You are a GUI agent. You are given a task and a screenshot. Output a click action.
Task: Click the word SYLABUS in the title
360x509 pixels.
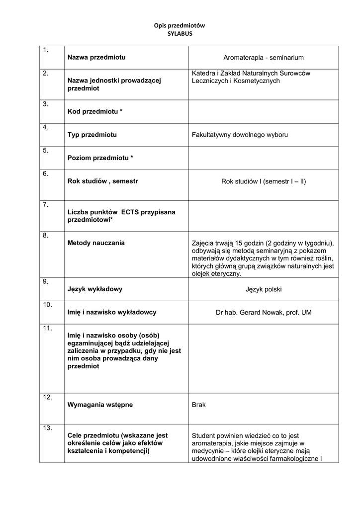click(180, 33)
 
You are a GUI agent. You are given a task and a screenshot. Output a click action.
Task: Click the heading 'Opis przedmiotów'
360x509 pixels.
click(180, 25)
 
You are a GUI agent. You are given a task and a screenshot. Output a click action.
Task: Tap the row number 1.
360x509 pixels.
click(45, 50)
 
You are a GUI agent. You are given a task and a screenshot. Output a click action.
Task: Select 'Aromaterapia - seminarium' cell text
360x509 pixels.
click(264, 58)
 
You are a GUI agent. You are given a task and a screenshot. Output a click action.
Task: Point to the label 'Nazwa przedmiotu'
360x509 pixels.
click(96, 57)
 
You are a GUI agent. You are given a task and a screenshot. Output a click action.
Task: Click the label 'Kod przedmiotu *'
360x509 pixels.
click(95, 111)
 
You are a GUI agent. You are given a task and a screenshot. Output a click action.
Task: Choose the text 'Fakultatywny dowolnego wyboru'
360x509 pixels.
click(240, 135)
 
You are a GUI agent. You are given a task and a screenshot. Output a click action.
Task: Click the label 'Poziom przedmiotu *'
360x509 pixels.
click(100, 158)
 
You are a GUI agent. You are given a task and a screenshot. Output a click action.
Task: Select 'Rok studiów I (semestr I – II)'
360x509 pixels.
click(264, 181)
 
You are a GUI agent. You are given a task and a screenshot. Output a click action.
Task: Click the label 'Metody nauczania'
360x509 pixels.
click(96, 243)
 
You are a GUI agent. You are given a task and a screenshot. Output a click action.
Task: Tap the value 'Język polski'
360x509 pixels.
click(264, 289)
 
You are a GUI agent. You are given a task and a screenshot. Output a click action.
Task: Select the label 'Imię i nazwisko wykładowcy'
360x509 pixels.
click(112, 312)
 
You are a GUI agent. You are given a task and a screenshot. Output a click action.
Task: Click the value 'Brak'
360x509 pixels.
click(198, 405)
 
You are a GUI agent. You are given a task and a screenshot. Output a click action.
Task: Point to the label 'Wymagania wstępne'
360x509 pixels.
click(100, 405)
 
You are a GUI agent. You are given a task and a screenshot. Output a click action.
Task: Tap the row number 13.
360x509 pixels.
click(48, 428)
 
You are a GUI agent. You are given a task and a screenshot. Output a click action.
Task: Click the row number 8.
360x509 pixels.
click(45, 235)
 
